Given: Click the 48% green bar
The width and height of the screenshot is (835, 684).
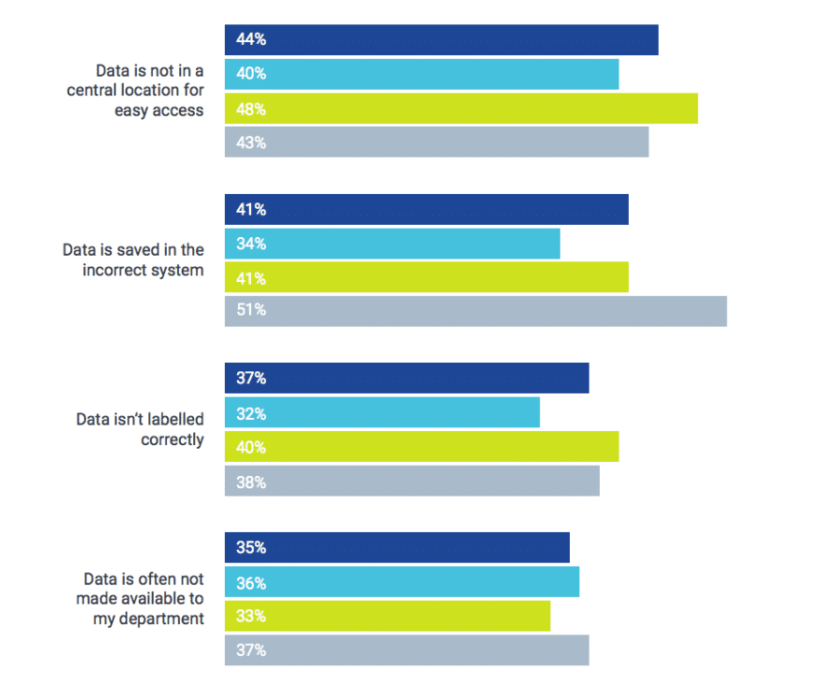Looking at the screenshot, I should pyautogui.click(x=461, y=108).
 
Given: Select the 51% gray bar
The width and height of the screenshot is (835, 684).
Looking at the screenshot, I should pyautogui.click(x=475, y=311).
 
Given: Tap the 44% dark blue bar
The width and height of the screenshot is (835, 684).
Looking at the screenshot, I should pyautogui.click(x=441, y=40).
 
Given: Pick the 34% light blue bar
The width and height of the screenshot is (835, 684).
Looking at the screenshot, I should pyautogui.click(x=392, y=244).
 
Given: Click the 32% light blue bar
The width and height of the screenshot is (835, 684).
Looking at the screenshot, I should pyautogui.click(x=382, y=413).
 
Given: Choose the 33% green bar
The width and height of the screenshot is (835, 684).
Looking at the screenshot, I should pyautogui.click(x=387, y=617).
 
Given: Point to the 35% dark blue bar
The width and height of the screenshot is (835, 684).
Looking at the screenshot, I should pyautogui.click(x=397, y=548).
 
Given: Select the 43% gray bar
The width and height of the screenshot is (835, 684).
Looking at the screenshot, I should pyautogui.click(x=436, y=143).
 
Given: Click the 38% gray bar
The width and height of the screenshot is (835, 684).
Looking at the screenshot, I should pyautogui.click(x=411, y=482).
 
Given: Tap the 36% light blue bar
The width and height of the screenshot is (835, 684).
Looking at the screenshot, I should pyautogui.click(x=401, y=582).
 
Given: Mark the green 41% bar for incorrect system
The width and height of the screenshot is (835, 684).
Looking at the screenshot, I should pyautogui.click(x=426, y=277).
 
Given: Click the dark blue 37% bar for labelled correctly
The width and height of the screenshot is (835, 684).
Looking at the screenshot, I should pyautogui.click(x=407, y=379).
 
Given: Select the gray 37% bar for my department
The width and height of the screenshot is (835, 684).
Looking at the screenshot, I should pyautogui.click(x=407, y=650).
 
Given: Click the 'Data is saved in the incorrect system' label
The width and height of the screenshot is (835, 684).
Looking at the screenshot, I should pyautogui.click(x=132, y=260).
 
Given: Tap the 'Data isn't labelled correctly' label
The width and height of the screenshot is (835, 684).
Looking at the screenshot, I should pyautogui.click(x=140, y=429).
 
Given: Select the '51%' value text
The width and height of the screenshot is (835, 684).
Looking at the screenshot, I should pyautogui.click(x=251, y=311).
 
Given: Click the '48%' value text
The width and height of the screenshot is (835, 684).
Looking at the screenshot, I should pyautogui.click(x=251, y=109).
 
